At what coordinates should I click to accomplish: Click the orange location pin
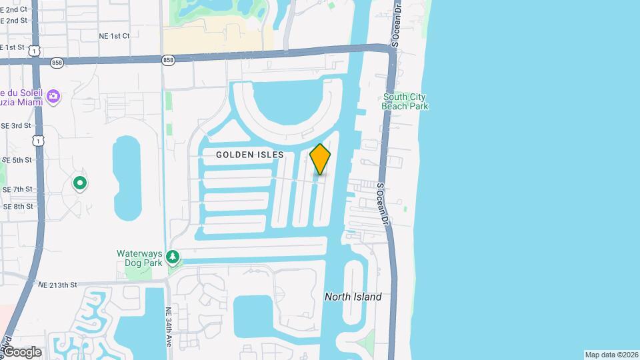pos(320,159)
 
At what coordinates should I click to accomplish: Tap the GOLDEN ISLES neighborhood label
pos(250,155)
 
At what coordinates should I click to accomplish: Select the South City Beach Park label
pos(405,101)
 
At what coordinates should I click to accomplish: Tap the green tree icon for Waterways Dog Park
pos(173,257)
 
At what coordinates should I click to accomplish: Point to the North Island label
pos(353,297)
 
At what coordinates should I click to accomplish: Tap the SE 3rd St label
pos(16,125)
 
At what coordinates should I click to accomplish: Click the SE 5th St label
pos(17,160)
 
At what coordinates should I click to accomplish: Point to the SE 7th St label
pos(17,190)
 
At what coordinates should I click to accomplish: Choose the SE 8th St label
pos(17,207)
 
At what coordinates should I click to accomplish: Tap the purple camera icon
pos(53,97)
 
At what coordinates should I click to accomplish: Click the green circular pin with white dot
pos(80,182)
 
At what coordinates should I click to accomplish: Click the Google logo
pos(22,352)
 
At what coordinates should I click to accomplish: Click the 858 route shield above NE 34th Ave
pos(168,60)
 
